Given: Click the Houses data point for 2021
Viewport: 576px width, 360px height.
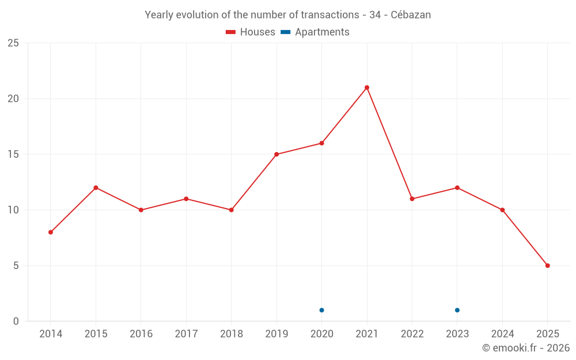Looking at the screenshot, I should [x=367, y=88].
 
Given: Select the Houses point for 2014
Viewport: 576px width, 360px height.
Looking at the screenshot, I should [x=51, y=232].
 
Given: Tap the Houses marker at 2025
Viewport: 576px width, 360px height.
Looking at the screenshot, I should [x=548, y=266].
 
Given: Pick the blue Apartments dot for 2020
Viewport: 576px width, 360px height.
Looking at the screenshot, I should [x=321, y=310].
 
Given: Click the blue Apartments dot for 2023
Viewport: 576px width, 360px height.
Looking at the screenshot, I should [x=457, y=310].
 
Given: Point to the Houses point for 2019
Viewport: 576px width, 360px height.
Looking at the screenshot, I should [x=276, y=154].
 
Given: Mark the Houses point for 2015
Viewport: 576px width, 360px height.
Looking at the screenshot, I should [x=96, y=188].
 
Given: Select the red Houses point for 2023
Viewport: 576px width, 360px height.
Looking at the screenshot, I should [x=457, y=188].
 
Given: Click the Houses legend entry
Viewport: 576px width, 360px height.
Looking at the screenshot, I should [x=251, y=32].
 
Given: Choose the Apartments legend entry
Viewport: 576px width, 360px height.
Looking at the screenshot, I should [x=315, y=32].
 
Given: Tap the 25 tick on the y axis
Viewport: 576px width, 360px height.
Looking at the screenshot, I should [x=13, y=43].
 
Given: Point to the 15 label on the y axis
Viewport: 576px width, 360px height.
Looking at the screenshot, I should [x=13, y=154].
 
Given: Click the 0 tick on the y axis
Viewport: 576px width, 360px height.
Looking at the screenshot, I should [x=16, y=321].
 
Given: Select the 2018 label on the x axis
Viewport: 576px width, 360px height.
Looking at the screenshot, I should [x=231, y=334].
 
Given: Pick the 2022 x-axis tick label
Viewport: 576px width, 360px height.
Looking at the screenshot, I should [x=412, y=334].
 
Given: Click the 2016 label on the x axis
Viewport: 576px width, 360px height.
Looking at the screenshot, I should [x=141, y=334].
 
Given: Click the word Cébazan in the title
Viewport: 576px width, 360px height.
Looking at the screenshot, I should [x=411, y=15].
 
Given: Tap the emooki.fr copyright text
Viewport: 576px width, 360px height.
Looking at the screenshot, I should [x=525, y=348].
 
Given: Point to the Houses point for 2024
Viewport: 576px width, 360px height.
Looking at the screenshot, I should [x=502, y=210].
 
